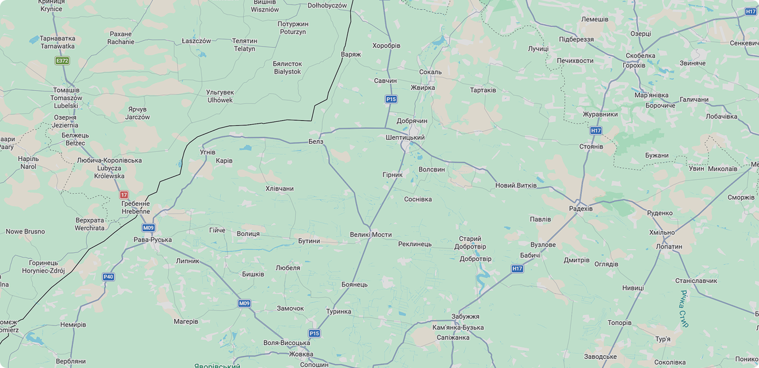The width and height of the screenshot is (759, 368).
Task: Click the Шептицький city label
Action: point(405,138)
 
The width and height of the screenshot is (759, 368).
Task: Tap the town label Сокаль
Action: point(431,72)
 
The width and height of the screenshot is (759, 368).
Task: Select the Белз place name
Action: point(316,141)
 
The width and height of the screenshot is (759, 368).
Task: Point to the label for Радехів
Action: point(581,209)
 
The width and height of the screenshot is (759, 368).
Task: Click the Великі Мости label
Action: point(370,235)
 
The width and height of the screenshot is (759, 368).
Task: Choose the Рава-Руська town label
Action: point(152,240)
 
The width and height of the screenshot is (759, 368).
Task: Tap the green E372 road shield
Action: point(62,60)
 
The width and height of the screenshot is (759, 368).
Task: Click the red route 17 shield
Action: point(124,195)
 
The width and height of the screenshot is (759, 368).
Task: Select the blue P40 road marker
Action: point(108,277)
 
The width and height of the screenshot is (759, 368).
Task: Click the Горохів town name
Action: point(634,65)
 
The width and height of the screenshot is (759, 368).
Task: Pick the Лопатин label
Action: point(669,247)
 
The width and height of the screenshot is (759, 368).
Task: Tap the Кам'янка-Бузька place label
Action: point(458,328)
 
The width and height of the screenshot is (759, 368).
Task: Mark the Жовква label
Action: point(301,354)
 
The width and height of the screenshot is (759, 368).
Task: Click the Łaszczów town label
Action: point(196,41)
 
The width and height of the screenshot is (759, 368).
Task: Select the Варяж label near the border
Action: point(351,55)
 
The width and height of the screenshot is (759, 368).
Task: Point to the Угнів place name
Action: point(207,152)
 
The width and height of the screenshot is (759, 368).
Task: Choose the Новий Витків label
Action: point(516,186)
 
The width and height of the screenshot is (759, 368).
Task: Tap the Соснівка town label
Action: point(418,200)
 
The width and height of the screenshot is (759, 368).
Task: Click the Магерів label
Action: point(186,321)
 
